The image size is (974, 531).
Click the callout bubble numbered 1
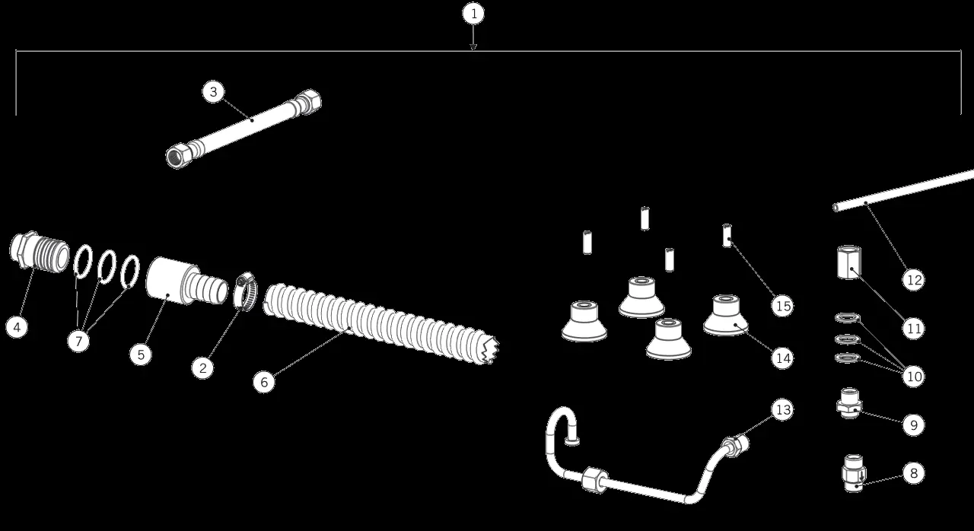point(473,14)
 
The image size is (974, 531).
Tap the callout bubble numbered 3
point(214,92)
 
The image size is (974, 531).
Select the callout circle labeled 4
point(18,327)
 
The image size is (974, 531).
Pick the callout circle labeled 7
point(78,342)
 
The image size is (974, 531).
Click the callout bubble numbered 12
point(914,280)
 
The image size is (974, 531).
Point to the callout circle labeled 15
point(781,306)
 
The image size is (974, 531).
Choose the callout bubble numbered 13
point(781,409)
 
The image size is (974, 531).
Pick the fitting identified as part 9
point(848,403)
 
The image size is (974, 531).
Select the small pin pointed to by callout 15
point(727,234)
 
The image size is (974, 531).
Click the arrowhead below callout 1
point(473,47)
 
